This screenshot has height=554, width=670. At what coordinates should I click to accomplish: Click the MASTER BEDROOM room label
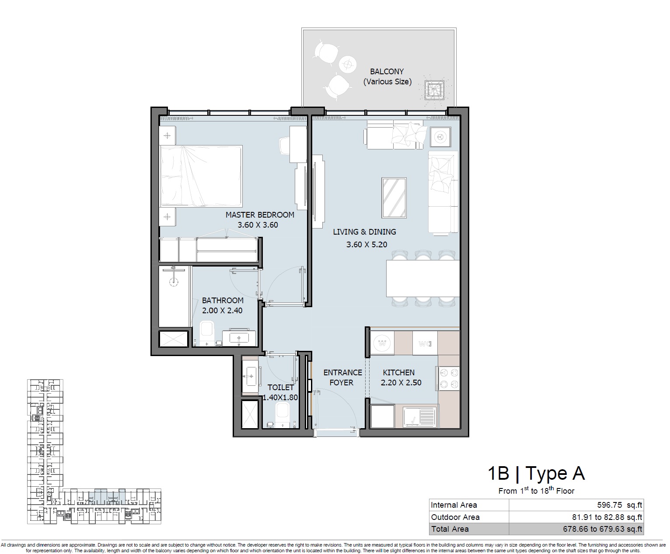pos(260,215)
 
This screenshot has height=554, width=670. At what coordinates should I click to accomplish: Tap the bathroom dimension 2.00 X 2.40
pos(222,311)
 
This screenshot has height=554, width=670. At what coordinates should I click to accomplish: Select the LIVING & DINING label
pos(364,232)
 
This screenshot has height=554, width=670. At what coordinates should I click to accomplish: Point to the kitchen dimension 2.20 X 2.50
pos(401,383)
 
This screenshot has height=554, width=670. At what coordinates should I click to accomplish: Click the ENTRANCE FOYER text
pos(342,377)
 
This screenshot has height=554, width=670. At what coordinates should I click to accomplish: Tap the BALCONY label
pos(387,71)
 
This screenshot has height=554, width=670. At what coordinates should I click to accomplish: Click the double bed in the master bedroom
pos(201,176)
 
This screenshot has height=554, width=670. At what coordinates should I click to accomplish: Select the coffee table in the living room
pos(395,197)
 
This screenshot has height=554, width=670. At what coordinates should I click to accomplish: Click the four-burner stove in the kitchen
pos(448,378)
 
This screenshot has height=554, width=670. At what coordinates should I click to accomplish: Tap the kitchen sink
pos(419,416)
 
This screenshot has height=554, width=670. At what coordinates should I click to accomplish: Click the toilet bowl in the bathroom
pos(207,333)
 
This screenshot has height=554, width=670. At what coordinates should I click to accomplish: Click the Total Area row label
pos(450,529)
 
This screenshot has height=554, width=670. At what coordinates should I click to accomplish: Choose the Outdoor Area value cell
pos(607,517)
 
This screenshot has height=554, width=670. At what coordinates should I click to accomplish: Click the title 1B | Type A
pos(536,473)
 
